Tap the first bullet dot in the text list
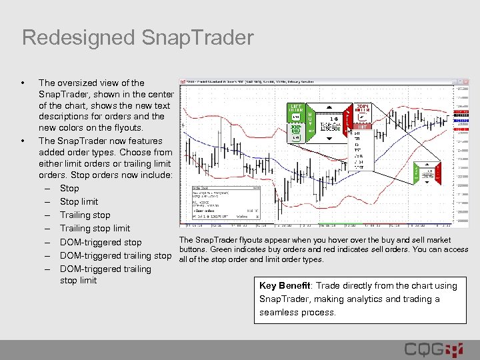pyautogui.click(x=24, y=83)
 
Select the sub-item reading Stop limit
pyautogui.click(x=79, y=201)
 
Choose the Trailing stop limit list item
pyautogui.click(x=95, y=229)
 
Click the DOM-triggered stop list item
pyautogui.click(x=101, y=243)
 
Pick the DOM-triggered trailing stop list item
pyautogui.click(x=115, y=256)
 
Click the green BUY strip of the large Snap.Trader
pyautogui.click(x=310, y=124)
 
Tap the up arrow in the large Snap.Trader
pyautogui.click(x=329, y=107)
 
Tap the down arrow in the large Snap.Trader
pyautogui.click(x=329, y=139)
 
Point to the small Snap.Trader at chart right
pyautogui.click(x=427, y=173)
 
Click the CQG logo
pyautogui.click(x=433, y=349)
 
